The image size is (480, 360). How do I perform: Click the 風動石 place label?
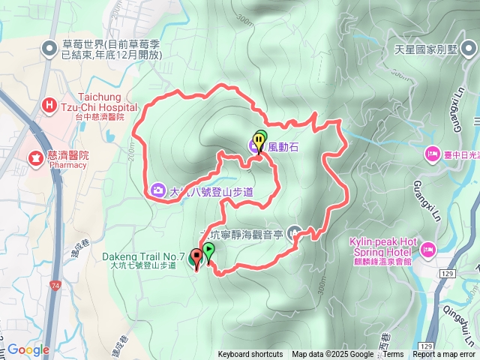(x=284, y=147)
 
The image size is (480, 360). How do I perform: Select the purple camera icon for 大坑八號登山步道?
(x=158, y=190)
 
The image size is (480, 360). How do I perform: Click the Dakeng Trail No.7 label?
(x=142, y=256)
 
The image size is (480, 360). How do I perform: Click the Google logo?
(x=28, y=349)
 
